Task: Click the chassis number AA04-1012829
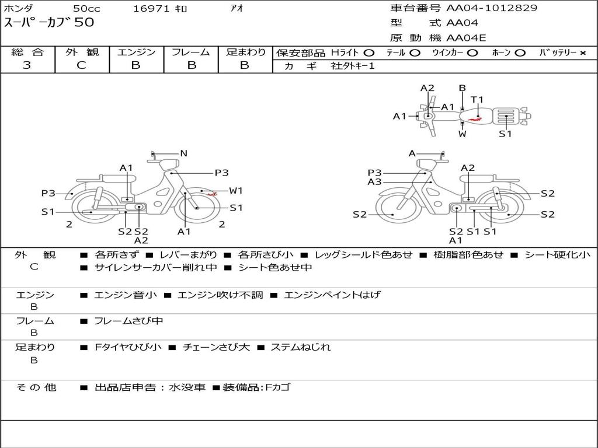click(492, 8)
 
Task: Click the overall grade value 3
click(27, 65)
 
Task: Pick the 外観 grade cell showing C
click(81, 65)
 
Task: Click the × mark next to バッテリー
click(583, 53)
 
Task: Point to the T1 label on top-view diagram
click(477, 99)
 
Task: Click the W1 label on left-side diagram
click(236, 190)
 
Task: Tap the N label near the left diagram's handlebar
click(183, 153)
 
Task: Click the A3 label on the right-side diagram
click(374, 182)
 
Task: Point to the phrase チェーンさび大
click(216, 347)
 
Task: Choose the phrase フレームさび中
click(128, 321)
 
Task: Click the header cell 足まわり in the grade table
click(245, 52)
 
